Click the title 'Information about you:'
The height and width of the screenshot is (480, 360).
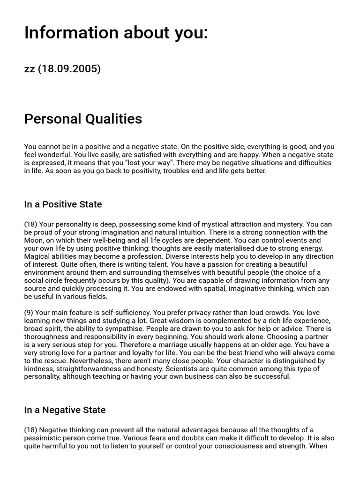116,33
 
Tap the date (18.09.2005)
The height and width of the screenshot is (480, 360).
69,69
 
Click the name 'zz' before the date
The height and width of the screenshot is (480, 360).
30,69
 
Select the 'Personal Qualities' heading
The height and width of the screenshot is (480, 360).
83,119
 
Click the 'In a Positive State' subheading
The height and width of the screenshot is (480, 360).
63,204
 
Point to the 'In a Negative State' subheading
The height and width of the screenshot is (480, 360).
65,410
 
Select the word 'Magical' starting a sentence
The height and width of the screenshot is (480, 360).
38,256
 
